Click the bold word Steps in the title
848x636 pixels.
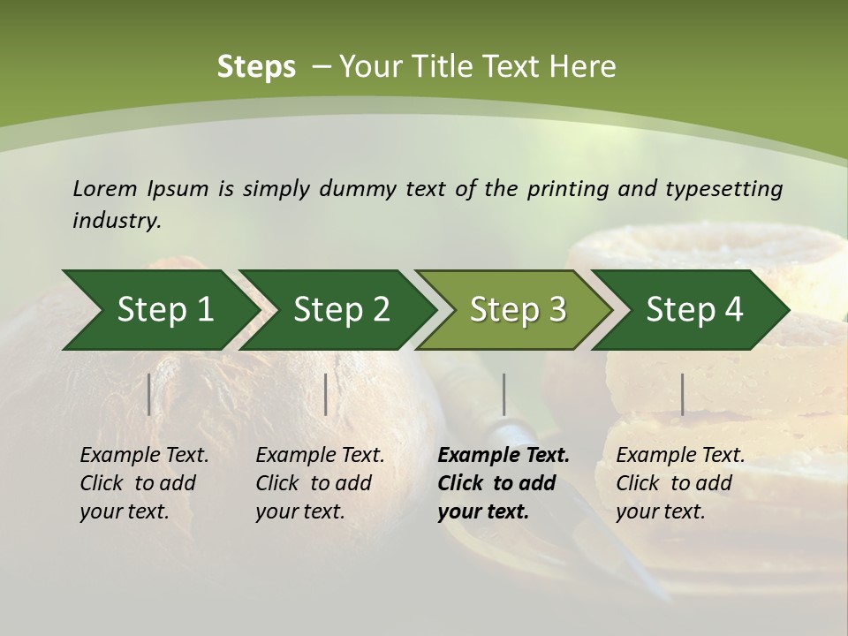tap(256, 66)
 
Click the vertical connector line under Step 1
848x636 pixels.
tap(149, 394)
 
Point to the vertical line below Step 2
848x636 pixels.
tap(326, 394)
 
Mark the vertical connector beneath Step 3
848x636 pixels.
tap(504, 394)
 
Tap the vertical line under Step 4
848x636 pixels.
tap(683, 394)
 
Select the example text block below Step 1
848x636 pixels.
tap(144, 482)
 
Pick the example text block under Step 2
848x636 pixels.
tap(320, 482)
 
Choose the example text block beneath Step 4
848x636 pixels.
tap(680, 482)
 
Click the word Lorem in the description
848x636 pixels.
tap(105, 188)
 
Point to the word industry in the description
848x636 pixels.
tap(117, 221)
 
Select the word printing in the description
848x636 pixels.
tap(568, 189)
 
